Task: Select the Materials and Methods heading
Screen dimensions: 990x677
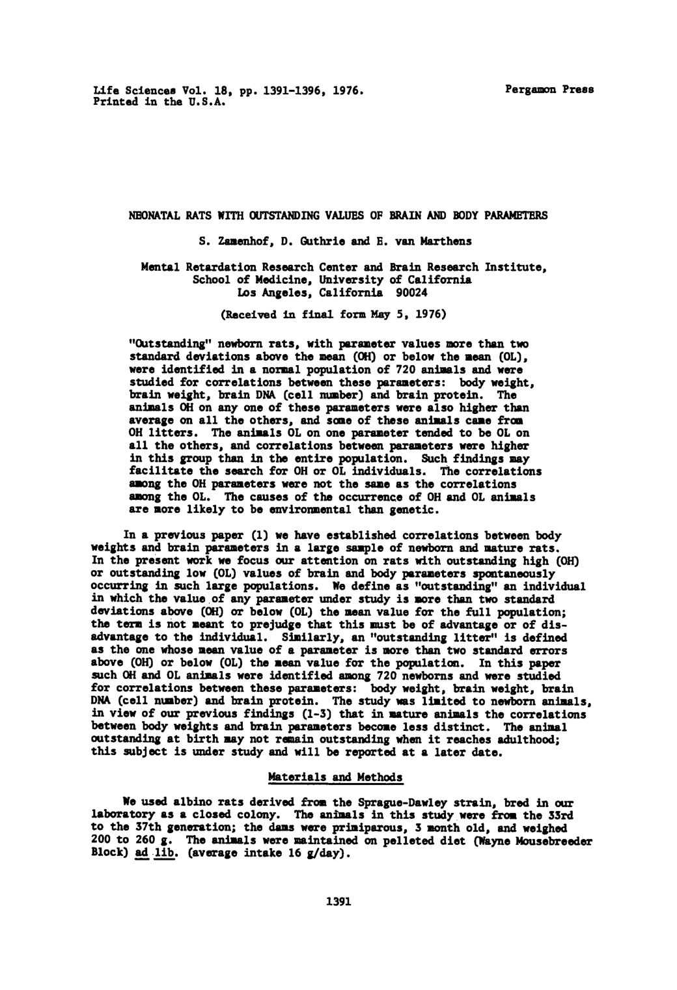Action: (x=335, y=778)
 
